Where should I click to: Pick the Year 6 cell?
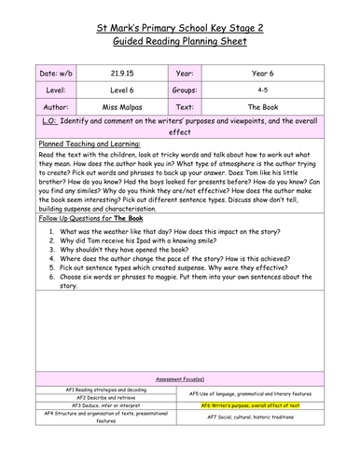click(x=266, y=71)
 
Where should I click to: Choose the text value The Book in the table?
click(x=266, y=108)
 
